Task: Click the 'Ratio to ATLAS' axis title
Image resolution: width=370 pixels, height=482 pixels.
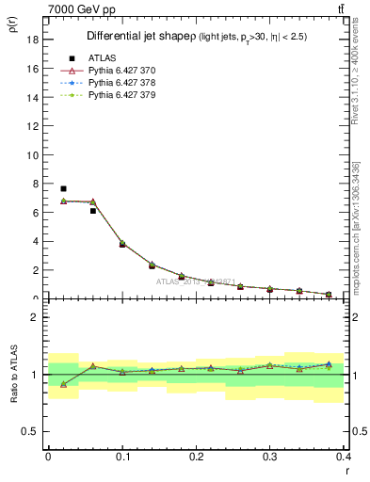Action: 14,375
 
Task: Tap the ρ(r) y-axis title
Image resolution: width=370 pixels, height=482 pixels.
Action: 14,28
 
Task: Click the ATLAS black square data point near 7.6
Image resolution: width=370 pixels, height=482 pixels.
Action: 63,189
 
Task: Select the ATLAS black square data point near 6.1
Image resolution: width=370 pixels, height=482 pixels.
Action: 92,211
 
